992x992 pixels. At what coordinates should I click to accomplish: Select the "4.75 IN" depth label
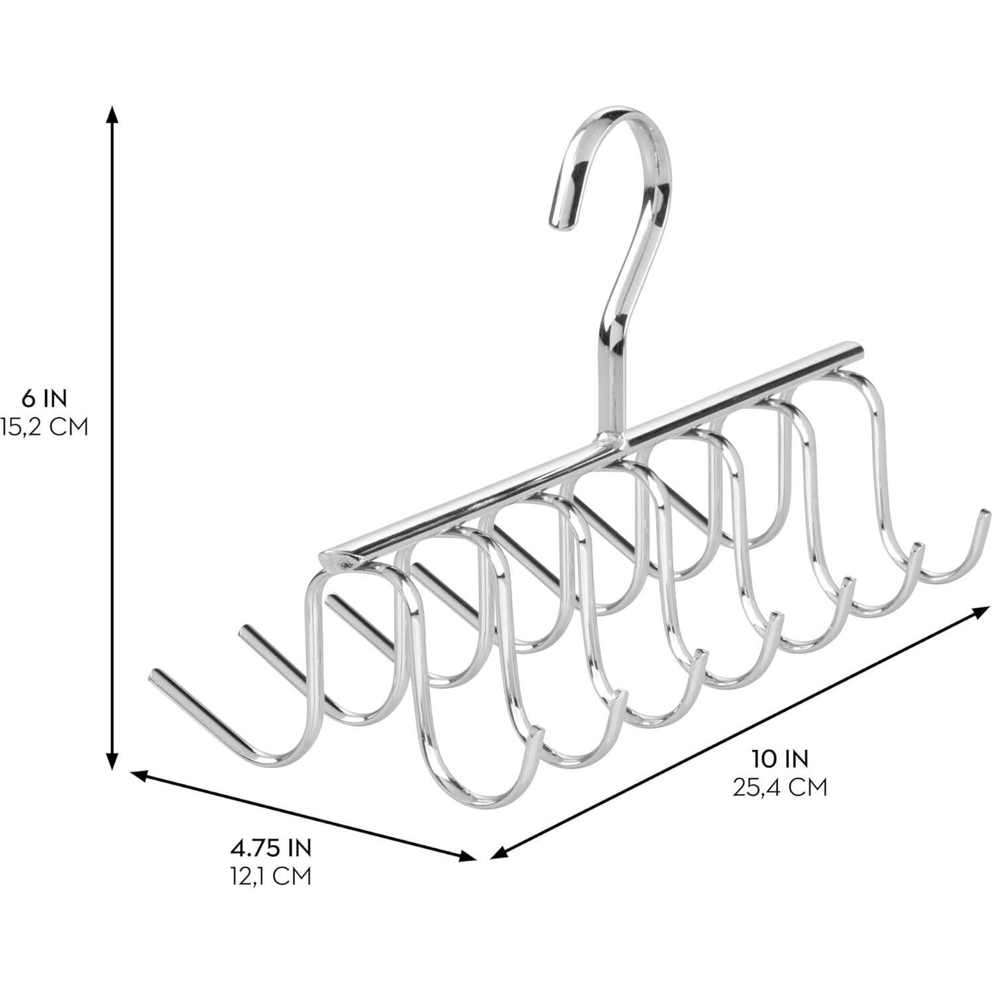[x=270, y=848]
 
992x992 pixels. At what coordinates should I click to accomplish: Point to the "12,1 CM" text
[x=270, y=876]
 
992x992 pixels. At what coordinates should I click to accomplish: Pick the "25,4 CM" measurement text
[x=779, y=787]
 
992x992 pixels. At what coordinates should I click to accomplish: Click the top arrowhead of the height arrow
[x=113, y=114]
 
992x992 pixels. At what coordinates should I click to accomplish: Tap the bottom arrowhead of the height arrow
[x=113, y=762]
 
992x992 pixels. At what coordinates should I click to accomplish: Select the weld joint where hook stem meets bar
[x=612, y=437]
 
